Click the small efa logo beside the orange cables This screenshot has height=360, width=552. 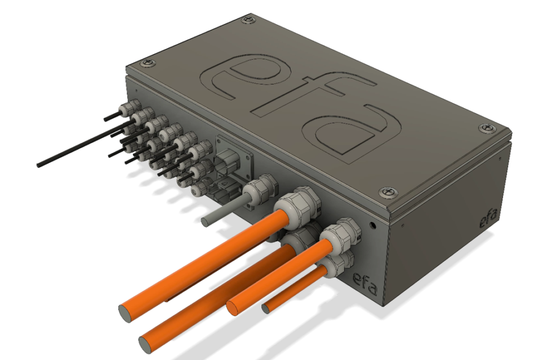[x=365, y=280]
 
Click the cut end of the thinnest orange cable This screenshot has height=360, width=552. [x=265, y=308]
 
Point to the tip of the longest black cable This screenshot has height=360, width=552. [x=39, y=165]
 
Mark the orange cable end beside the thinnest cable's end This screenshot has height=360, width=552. [x=232, y=306]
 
